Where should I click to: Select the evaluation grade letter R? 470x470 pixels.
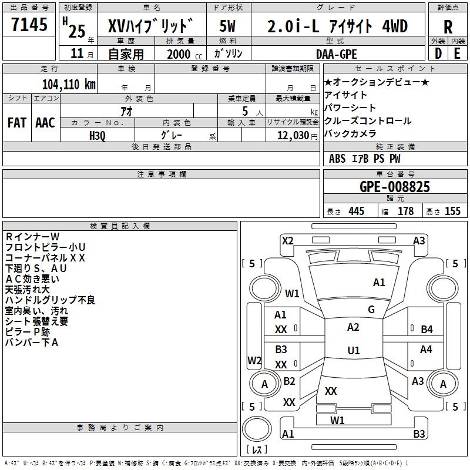click(448, 26)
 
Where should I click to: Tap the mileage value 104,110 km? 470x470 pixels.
click(69, 84)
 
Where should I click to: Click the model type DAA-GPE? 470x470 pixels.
click(337, 54)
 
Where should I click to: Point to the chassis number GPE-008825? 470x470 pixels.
click(394, 187)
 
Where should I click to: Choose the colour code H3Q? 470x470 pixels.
click(98, 136)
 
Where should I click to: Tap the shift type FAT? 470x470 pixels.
click(16, 123)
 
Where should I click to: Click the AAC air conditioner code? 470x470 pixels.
click(45, 123)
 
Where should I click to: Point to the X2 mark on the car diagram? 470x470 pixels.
click(287, 240)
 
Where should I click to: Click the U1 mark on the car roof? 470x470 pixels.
click(353, 351)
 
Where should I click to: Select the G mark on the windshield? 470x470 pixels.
click(371, 310)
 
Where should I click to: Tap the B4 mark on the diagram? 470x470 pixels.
click(427, 330)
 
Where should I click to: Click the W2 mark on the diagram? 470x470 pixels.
click(254, 360)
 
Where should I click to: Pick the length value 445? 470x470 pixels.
click(356, 211)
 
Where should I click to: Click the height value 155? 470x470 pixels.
click(452, 211)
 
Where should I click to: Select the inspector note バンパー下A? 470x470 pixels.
click(32, 343)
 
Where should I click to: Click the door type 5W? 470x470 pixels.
click(228, 26)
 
